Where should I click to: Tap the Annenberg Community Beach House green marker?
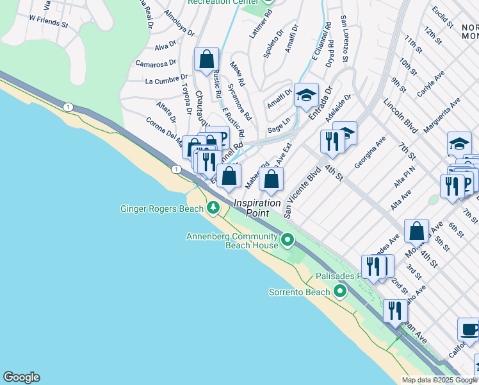pyautogui.click(x=288, y=241)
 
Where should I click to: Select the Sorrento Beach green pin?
pyautogui.click(x=340, y=292)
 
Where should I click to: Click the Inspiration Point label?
pyautogui.click(x=257, y=203)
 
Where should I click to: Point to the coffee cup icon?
pyautogui.click(x=469, y=330)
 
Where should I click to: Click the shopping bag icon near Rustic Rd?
pyautogui.click(x=207, y=60)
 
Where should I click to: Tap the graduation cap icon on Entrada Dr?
pyautogui.click(x=306, y=96)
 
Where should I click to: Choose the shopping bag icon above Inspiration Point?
pyautogui.click(x=271, y=179)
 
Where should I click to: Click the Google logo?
pyautogui.click(x=21, y=377)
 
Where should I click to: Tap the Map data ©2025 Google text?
pyautogui.click(x=438, y=380)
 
